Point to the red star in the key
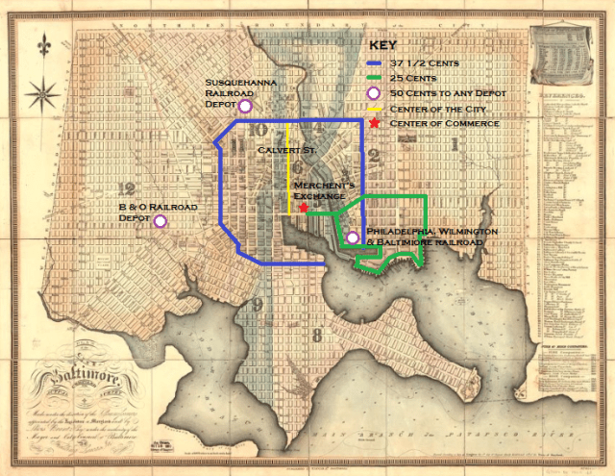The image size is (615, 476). [x=373, y=124]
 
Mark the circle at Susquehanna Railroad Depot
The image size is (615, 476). [x=245, y=106]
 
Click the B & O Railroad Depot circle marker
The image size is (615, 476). [x=160, y=220]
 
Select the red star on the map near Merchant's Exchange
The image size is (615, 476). [x=304, y=208]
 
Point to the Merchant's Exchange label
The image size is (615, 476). [x=325, y=189]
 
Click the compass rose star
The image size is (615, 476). [x=42, y=94]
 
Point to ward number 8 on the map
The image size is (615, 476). [x=316, y=335]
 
